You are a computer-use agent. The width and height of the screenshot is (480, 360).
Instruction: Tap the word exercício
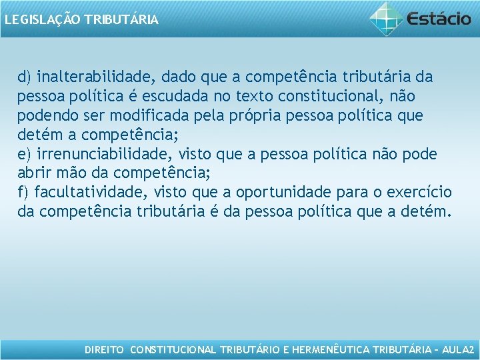[x=419, y=193]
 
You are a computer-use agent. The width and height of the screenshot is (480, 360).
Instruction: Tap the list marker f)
[x=24, y=193]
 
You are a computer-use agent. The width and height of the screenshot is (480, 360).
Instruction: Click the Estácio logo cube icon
[x=387, y=18]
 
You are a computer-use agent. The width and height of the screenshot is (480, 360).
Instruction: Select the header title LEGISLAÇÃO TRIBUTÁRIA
[x=81, y=20]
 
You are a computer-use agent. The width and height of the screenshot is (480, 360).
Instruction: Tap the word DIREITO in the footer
[x=105, y=350]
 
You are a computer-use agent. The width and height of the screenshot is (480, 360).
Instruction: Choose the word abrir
[x=33, y=173]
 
